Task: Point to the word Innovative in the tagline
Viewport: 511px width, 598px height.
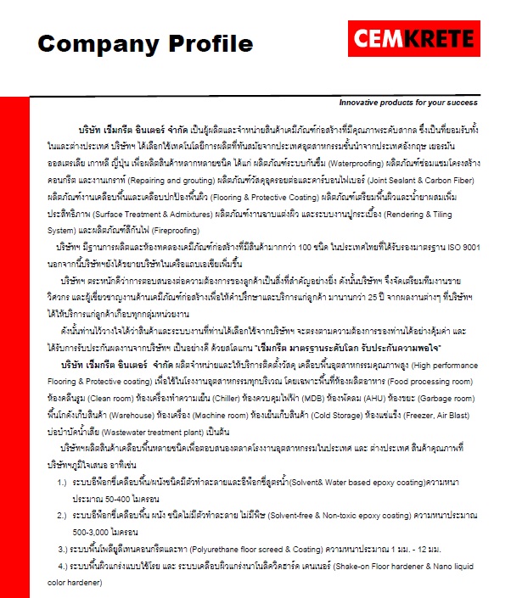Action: click(x=362, y=102)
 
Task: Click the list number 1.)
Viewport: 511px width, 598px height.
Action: click(x=63, y=483)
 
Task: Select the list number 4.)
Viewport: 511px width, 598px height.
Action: click(x=63, y=566)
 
